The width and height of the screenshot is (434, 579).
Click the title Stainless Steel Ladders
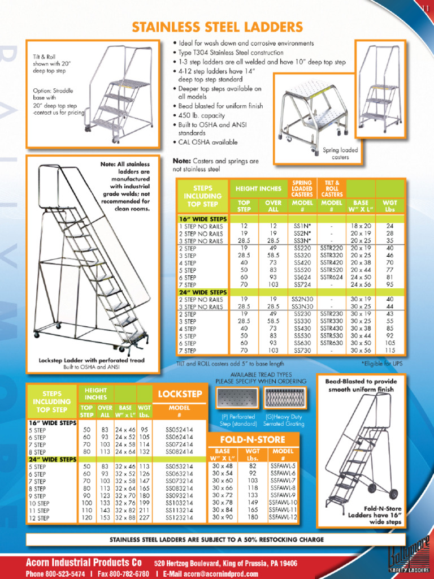217,27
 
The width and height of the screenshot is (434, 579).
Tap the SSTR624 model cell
331,277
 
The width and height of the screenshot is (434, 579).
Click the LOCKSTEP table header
180,394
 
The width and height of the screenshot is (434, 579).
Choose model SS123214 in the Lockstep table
179,517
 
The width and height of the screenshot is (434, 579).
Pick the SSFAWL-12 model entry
283,517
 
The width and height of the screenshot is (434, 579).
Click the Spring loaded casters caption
340,154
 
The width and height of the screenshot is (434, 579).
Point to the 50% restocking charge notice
217,539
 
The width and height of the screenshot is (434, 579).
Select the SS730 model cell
302,351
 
